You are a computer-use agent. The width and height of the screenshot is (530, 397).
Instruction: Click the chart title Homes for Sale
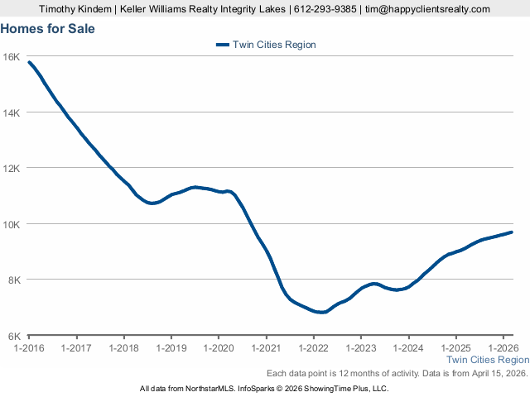[47, 29]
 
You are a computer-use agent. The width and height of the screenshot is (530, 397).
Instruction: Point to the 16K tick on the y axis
[12, 56]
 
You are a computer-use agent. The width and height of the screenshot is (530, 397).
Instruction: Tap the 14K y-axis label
[12, 112]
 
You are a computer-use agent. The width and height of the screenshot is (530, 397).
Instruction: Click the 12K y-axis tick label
[12, 168]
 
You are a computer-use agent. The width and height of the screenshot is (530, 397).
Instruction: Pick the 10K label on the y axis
[12, 224]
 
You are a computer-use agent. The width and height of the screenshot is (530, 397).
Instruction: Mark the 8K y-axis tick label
[14, 280]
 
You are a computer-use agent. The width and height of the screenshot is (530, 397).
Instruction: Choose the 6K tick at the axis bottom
[14, 336]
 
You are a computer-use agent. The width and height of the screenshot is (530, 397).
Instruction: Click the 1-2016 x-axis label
[29, 347]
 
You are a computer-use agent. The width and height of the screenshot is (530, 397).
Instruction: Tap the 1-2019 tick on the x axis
[171, 347]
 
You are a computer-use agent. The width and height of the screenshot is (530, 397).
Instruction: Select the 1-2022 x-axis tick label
[314, 347]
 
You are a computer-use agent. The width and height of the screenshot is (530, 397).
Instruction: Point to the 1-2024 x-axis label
[408, 347]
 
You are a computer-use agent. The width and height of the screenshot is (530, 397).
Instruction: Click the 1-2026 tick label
[503, 347]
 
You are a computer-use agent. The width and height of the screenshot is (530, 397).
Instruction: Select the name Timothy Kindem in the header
[73, 9]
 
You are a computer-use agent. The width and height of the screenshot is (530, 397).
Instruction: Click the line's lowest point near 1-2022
[320, 313]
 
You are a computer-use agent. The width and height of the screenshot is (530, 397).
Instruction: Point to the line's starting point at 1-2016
[30, 62]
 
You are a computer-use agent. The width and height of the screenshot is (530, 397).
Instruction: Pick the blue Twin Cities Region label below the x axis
[488, 360]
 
